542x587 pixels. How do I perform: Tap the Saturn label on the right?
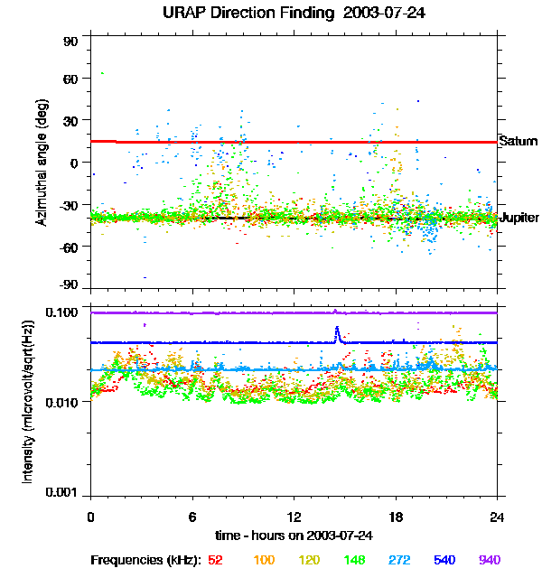518,142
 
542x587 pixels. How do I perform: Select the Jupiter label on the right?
519,218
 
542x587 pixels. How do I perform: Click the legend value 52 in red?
215,560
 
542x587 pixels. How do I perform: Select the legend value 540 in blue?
444,560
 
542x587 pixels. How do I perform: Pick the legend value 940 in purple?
490,560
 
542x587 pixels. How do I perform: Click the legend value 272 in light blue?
398,560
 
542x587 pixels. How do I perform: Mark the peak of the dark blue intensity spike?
337,327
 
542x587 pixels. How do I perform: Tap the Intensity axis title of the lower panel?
28,401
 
